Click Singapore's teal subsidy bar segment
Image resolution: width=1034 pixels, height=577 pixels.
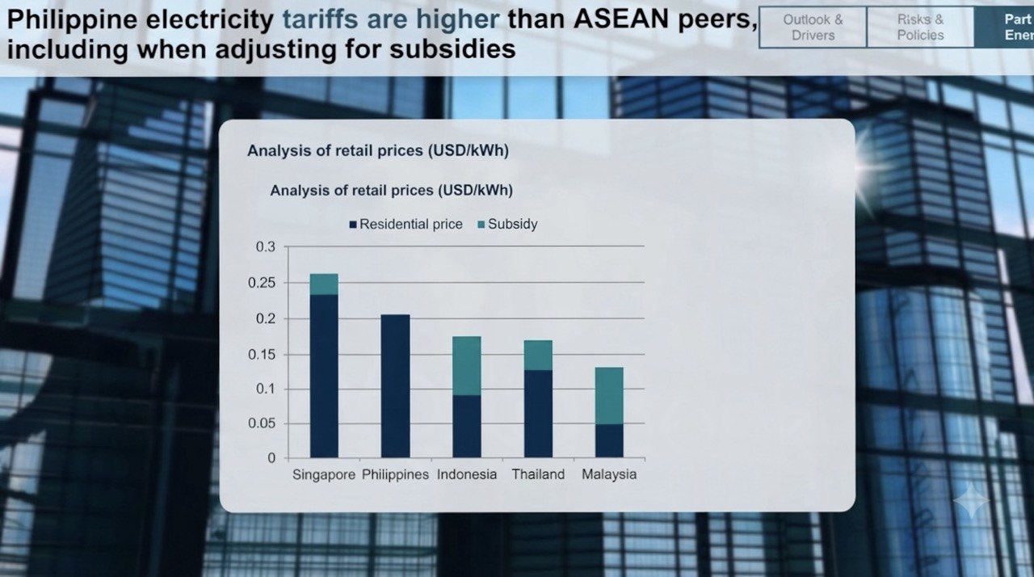pos(324,284)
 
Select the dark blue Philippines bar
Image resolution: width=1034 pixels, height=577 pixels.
pos(395,386)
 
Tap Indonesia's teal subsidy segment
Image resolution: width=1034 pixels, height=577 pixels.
pos(467,365)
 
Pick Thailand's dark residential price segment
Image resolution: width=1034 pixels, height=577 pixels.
pos(538,414)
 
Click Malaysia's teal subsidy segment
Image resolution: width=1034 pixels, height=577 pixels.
pos(609,396)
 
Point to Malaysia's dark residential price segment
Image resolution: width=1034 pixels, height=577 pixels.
pos(609,440)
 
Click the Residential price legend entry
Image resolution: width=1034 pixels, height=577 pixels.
pos(406,225)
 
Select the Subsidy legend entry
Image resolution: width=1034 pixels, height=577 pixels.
pos(507,225)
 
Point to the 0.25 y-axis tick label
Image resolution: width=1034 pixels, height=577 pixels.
pos(261,283)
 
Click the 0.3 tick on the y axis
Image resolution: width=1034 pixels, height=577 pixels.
pos(266,247)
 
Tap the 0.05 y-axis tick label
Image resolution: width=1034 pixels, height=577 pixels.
pos(261,423)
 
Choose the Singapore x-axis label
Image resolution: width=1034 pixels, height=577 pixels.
pos(324,474)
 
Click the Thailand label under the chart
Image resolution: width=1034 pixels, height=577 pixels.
pos(538,474)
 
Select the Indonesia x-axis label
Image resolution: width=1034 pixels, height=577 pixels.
pos(467,474)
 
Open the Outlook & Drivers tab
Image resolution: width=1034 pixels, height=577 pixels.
pos(813,27)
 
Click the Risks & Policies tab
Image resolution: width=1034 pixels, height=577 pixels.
pos(920,27)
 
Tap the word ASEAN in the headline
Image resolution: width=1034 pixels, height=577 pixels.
pos(622,19)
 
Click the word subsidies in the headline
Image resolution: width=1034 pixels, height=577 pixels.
pos(452,49)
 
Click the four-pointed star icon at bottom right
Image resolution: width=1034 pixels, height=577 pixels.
pos(971,500)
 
